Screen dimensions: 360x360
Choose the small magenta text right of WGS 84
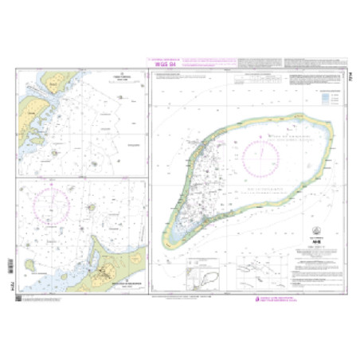point(207,62)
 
